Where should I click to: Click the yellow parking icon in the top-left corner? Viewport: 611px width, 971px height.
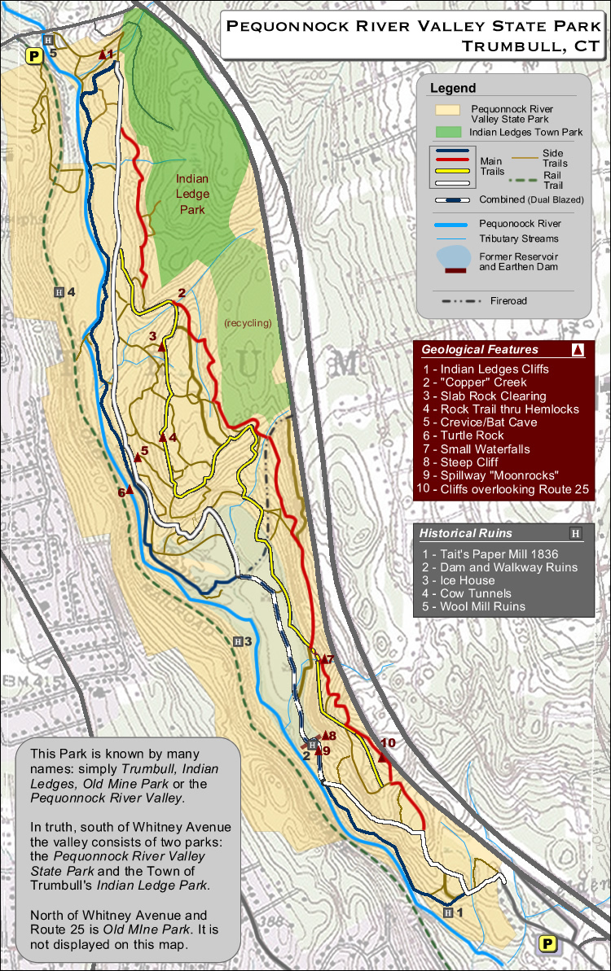click(34, 55)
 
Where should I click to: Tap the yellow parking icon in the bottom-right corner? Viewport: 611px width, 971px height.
click(549, 944)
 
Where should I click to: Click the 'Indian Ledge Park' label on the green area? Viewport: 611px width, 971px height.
click(192, 194)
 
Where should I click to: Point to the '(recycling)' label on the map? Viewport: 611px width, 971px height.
click(248, 323)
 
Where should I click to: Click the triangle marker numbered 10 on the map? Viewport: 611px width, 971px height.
click(382, 757)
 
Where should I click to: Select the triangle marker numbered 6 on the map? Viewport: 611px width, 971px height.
click(129, 490)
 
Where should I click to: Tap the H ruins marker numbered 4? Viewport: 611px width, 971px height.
click(59, 292)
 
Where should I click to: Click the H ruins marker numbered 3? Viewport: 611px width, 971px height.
click(238, 641)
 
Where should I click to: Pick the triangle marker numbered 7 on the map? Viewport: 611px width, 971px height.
click(323, 658)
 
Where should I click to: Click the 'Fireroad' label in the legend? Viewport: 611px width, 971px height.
click(508, 301)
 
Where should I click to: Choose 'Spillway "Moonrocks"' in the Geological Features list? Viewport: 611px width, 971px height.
click(499, 475)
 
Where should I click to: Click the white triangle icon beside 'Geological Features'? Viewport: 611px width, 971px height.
click(578, 350)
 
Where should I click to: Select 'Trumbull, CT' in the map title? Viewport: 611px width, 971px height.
click(530, 46)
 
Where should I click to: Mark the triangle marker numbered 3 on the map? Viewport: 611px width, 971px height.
click(161, 347)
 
